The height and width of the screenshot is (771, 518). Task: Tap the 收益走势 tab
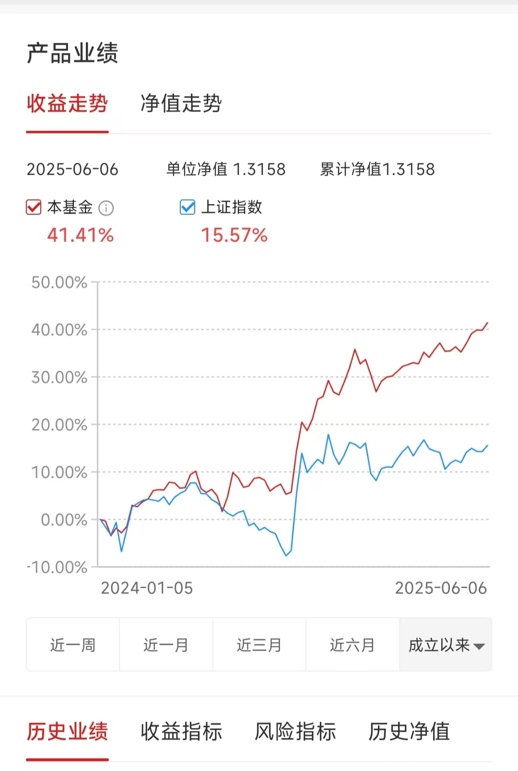(67, 104)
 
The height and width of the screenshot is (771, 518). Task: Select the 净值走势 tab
(181, 104)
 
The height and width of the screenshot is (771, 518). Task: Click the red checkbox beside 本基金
(34, 207)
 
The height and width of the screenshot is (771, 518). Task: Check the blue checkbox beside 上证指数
(188, 207)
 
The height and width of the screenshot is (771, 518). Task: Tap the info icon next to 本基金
(106, 208)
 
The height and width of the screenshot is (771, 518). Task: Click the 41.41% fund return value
(80, 235)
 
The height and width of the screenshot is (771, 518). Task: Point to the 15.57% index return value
(234, 235)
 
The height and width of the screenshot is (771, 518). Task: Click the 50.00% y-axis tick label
(59, 282)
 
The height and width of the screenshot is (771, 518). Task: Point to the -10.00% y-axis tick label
(57, 567)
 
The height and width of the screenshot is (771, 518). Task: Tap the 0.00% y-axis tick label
(64, 520)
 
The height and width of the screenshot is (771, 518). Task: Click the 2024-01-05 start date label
(147, 588)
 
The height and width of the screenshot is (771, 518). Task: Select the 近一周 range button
(73, 645)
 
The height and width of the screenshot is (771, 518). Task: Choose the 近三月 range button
(259, 645)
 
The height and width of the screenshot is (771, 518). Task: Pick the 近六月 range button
(352, 645)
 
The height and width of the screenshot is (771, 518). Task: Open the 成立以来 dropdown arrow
(479, 646)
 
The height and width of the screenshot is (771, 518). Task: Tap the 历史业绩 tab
(67, 732)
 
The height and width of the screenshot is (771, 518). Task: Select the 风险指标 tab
(295, 732)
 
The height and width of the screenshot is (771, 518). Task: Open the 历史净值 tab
(409, 732)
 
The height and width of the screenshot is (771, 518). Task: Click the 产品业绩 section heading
(72, 53)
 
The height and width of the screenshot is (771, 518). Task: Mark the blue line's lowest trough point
(286, 556)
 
